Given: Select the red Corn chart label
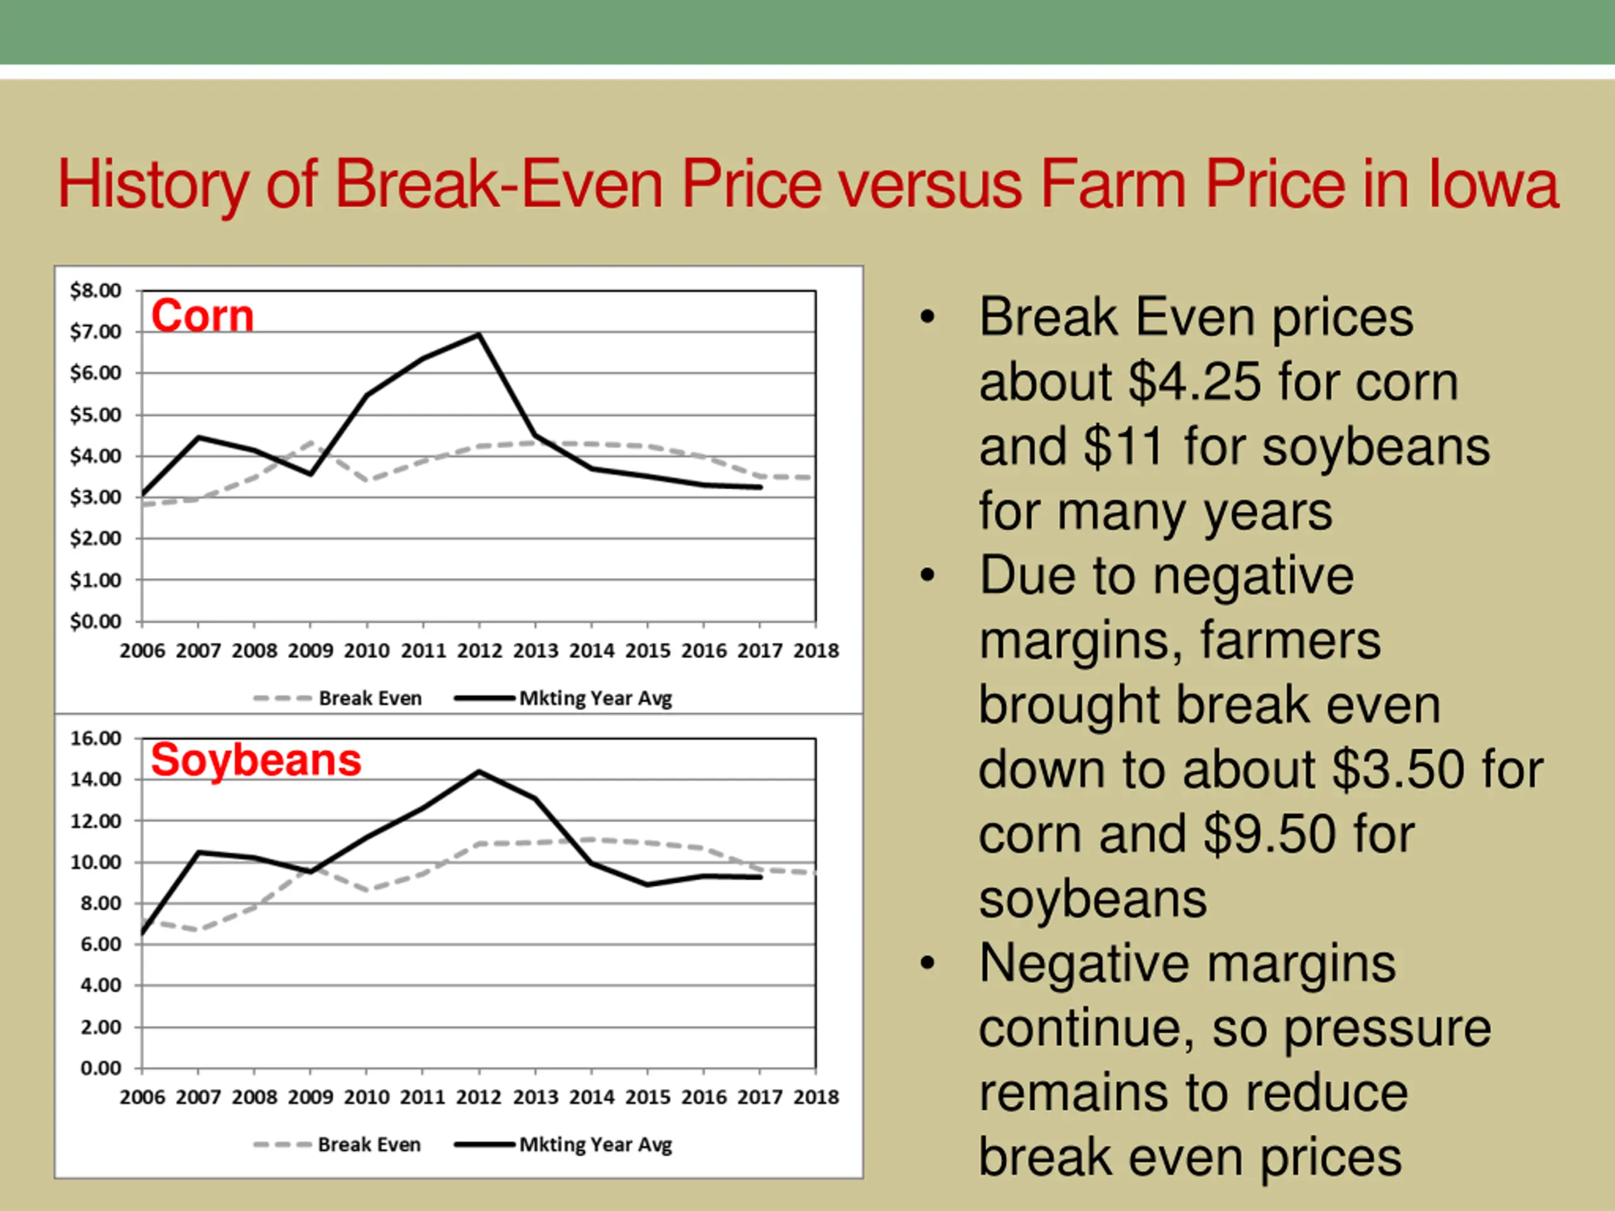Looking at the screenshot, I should (x=203, y=316).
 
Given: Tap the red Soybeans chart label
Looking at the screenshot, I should (x=255, y=760).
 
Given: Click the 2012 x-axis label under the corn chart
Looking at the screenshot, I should (x=479, y=650).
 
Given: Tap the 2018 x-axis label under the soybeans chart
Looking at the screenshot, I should (x=816, y=1097).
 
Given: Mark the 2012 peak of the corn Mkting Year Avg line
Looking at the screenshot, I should (x=479, y=334).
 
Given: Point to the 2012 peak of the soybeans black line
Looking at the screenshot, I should (x=479, y=771).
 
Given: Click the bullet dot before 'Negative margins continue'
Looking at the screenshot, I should (x=927, y=964).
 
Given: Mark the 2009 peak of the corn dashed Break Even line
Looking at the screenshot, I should (x=312, y=442).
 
